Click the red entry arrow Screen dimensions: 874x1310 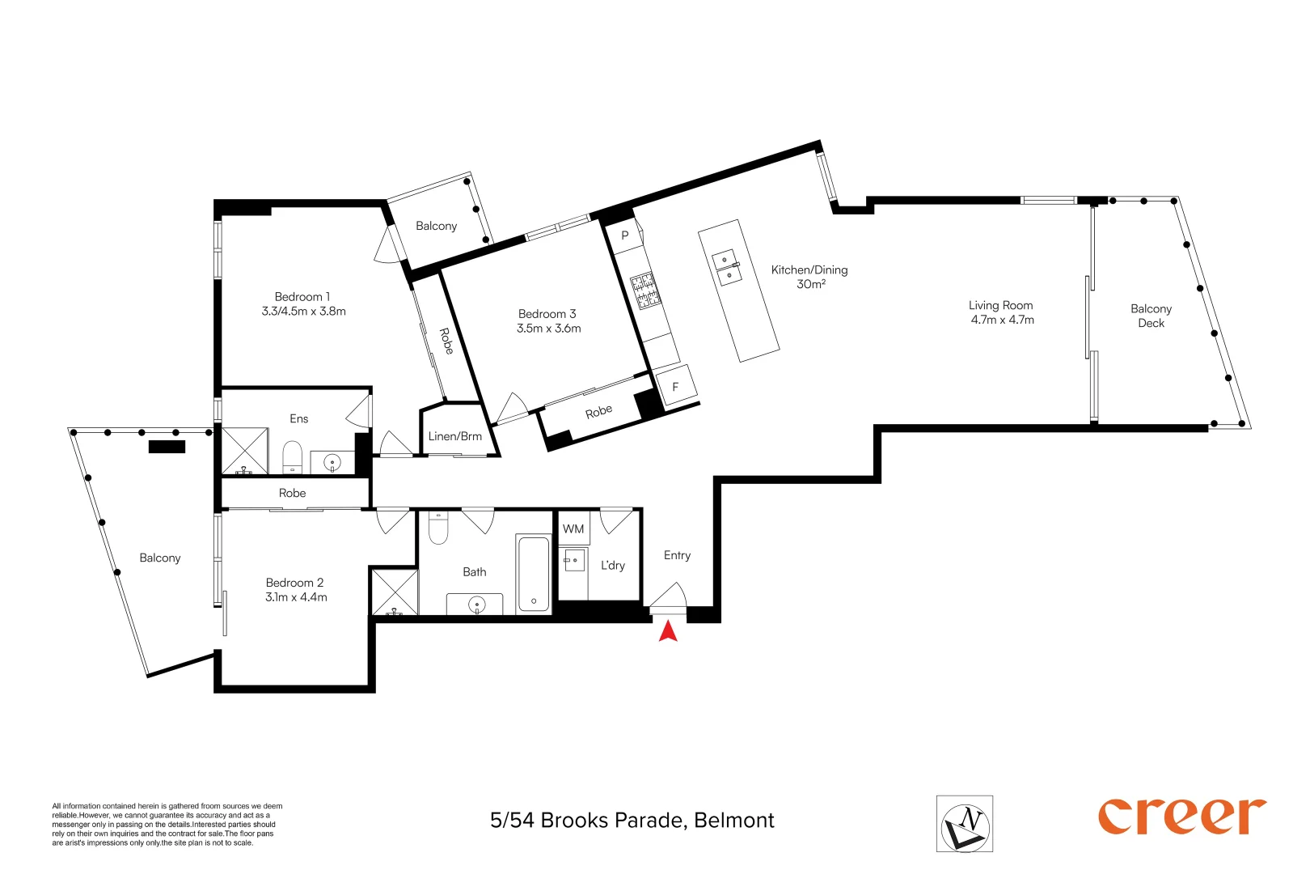[668, 630]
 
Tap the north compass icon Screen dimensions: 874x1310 [964, 823]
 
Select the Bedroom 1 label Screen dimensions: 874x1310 [302, 297]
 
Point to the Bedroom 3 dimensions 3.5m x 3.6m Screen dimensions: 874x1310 [549, 329]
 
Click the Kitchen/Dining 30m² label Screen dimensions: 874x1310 [809, 277]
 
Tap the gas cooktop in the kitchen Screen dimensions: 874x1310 [646, 291]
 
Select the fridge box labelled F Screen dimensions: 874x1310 [675, 387]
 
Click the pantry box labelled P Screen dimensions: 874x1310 [624, 236]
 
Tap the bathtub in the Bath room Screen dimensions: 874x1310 [533, 573]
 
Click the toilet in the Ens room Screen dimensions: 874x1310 [292, 457]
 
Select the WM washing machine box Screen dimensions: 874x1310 [573, 529]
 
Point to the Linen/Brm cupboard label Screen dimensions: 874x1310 [454, 436]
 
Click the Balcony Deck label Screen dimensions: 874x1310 [1151, 316]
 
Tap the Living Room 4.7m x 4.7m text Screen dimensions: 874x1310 [1002, 312]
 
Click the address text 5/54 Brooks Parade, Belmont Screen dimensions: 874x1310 [632, 821]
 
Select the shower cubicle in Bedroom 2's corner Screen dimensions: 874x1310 [394, 592]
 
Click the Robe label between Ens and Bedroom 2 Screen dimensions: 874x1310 [293, 493]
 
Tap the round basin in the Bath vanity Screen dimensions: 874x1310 [476, 604]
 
